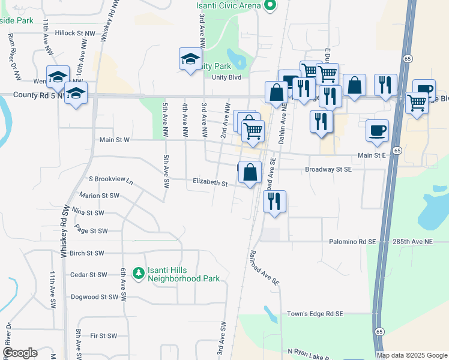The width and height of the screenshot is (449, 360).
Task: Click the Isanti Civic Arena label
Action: (x=229, y=5)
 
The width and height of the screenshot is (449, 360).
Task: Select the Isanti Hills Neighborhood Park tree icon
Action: (x=139, y=274)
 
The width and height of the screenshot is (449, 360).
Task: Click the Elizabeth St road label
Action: (x=210, y=182)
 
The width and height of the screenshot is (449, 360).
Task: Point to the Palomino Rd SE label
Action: (x=352, y=241)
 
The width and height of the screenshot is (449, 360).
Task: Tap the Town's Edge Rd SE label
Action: (x=315, y=314)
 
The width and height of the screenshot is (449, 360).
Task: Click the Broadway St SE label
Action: (x=328, y=169)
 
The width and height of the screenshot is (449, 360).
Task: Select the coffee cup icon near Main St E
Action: (x=377, y=130)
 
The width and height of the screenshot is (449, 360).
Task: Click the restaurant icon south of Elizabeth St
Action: (x=274, y=201)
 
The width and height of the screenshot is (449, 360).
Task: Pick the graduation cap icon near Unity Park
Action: (x=190, y=59)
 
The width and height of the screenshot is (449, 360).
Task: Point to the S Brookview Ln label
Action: (x=110, y=179)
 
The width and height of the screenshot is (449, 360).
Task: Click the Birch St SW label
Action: (x=87, y=253)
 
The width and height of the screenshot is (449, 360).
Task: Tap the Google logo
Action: (x=20, y=353)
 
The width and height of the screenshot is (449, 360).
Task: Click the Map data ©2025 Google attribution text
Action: (x=411, y=355)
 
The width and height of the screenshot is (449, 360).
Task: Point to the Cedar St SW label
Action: (x=88, y=275)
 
